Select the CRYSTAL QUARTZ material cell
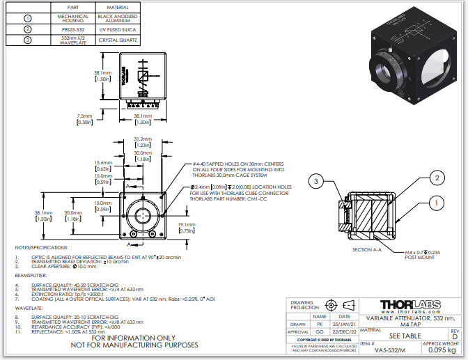[x=118, y=41]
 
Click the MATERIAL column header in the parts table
[x=118, y=6]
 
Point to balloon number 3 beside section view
[x=316, y=182]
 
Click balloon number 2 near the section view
[x=436, y=178]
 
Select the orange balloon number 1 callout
[x=437, y=203]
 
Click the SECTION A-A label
[x=368, y=249]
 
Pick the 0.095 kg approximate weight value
[x=438, y=351]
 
